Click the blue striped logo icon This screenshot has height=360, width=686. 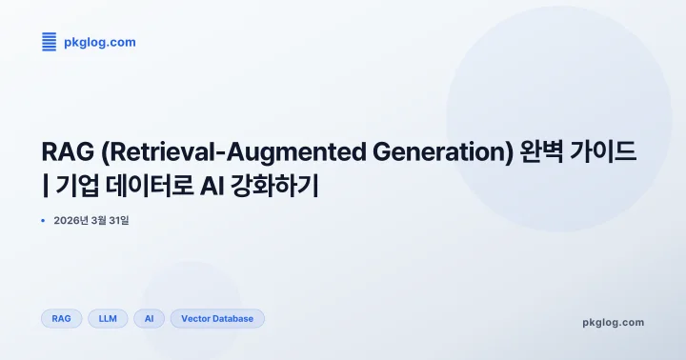(50, 42)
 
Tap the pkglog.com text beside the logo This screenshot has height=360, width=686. (100, 42)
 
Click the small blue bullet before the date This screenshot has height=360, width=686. (44, 221)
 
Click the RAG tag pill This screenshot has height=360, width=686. (62, 319)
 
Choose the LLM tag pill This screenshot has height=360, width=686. (108, 319)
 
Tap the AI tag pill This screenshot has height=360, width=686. (150, 319)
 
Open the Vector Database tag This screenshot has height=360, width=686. (217, 319)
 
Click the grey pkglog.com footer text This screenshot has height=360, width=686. (613, 323)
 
